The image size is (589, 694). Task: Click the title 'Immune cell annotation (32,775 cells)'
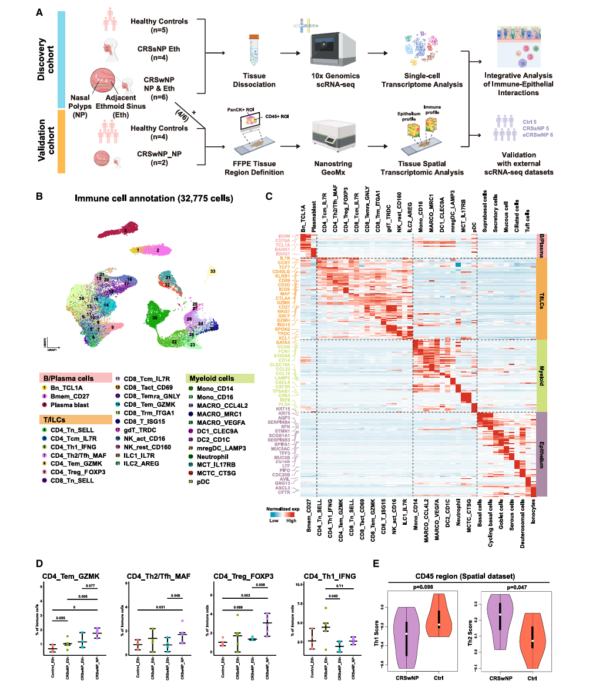(x=154, y=199)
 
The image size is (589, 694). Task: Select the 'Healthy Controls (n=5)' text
(x=159, y=26)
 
